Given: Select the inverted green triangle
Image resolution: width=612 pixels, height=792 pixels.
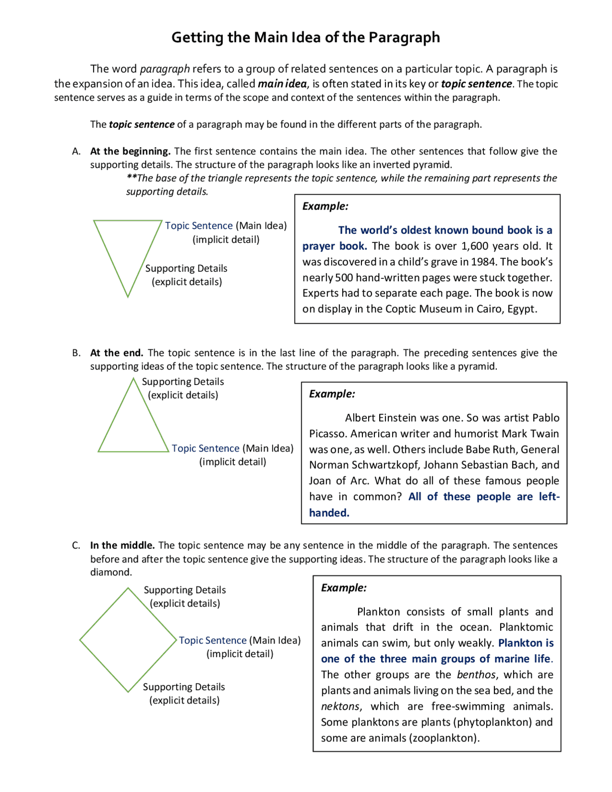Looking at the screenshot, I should click(128, 249).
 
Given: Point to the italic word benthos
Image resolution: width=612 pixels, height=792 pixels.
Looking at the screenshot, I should click(476, 674).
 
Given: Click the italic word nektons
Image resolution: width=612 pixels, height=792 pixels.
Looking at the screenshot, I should click(340, 706).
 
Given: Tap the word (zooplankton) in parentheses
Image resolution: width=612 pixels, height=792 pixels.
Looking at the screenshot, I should click(444, 737).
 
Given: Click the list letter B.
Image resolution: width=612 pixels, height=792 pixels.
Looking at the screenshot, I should click(76, 353).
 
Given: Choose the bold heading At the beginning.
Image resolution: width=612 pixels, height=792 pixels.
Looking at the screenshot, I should click(130, 151).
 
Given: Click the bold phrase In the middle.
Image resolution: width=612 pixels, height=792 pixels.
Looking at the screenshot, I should click(122, 545).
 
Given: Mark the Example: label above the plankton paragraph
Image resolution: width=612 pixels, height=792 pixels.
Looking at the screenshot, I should click(344, 588).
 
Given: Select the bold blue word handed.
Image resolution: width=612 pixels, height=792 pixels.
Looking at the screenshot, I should click(329, 513).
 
